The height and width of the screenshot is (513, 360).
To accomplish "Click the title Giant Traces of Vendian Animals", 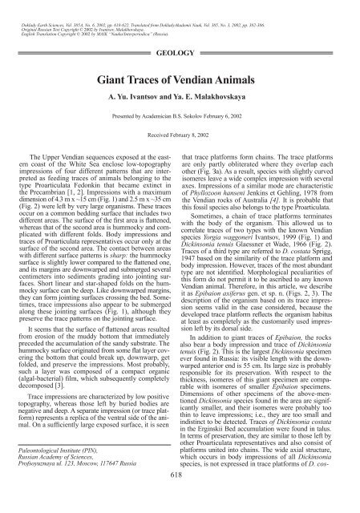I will [x=180, y=81].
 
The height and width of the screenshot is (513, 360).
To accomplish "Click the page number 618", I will [x=180, y=496].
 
